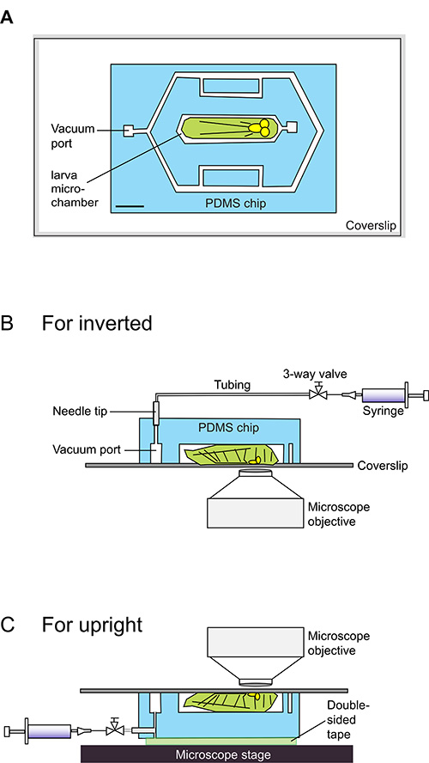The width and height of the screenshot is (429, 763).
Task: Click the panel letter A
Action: point(7,18)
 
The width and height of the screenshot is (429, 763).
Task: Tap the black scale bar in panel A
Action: point(130,206)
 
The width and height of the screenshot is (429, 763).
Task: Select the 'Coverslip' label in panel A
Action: point(370,225)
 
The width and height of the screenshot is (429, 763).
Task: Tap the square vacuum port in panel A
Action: point(130,131)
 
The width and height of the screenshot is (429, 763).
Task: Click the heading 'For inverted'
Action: point(97,322)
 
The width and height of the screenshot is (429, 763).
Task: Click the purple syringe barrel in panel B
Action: point(384,394)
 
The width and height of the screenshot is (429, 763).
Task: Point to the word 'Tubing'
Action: point(232,385)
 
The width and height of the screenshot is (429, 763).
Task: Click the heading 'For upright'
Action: point(93,625)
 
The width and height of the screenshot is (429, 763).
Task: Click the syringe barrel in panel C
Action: point(49,731)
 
